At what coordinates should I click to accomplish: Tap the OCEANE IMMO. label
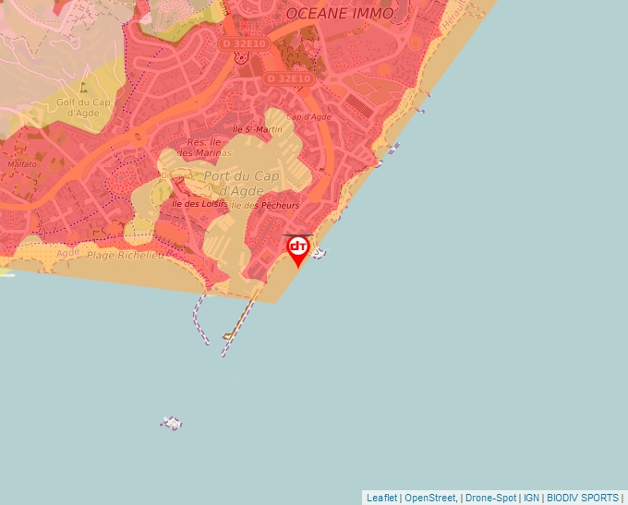point(340,13)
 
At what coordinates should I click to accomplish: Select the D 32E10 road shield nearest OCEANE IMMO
point(242,43)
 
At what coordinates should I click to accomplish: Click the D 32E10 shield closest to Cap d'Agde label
point(289,78)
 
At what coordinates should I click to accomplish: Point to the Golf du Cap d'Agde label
point(84,107)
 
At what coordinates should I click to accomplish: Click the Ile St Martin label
point(258,129)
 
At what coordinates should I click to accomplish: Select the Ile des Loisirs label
point(199,203)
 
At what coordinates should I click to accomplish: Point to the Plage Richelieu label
point(125,254)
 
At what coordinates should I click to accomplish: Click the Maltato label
point(22,163)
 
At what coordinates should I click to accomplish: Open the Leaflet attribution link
point(381,498)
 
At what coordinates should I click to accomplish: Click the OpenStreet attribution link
point(430,498)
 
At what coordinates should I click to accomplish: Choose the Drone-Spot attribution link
point(490,498)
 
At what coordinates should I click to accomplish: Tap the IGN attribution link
point(531,498)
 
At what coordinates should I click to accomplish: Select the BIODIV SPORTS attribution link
point(583,498)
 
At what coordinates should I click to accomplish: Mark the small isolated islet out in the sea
point(171,423)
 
